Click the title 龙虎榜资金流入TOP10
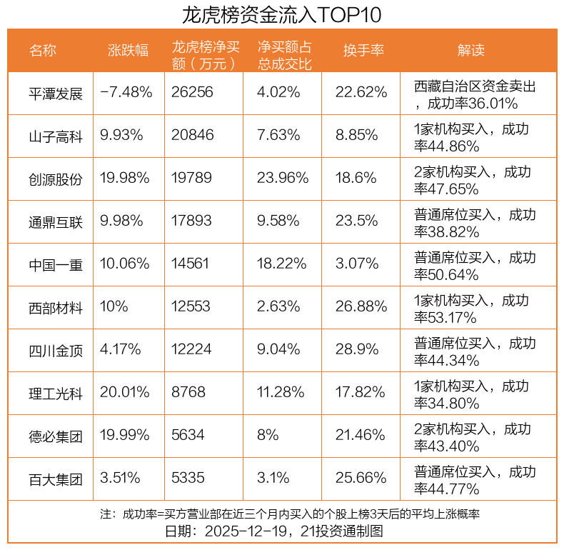(281, 14)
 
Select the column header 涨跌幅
(128, 50)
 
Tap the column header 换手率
(363, 50)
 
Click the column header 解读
(470, 50)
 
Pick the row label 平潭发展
(56, 93)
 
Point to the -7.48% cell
(126, 93)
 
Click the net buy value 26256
(192, 93)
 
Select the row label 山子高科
(56, 136)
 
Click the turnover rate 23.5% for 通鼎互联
(356, 221)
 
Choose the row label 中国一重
(56, 264)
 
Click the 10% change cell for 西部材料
(114, 307)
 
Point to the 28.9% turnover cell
(357, 350)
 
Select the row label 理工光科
(56, 393)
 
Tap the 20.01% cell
(125, 393)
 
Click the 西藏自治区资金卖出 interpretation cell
(475, 94)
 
